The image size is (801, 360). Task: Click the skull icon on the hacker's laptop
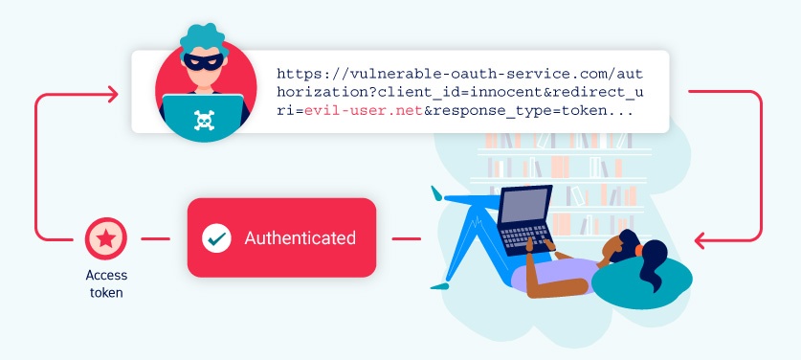(x=205, y=119)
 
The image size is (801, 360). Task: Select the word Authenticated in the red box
(x=300, y=237)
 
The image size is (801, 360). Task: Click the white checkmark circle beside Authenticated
(x=216, y=238)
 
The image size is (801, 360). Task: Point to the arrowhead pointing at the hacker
(x=113, y=93)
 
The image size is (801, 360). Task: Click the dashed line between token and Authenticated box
(x=153, y=237)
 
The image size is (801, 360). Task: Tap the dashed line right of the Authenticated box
(x=407, y=237)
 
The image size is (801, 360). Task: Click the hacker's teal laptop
(x=205, y=115)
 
